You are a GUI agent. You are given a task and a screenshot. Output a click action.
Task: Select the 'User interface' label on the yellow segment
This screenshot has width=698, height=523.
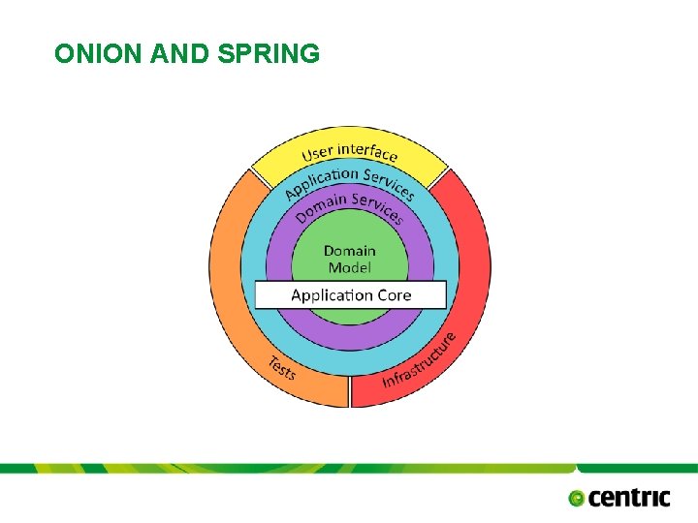tap(349, 152)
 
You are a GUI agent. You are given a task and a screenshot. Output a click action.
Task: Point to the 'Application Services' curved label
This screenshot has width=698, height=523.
tap(350, 180)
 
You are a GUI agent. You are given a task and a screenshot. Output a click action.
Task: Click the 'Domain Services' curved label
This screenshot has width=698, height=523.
tap(349, 205)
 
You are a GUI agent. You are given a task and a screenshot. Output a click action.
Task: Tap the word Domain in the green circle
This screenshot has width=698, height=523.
tap(349, 251)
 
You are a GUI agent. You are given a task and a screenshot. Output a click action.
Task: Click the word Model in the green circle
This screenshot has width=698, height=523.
tap(349, 267)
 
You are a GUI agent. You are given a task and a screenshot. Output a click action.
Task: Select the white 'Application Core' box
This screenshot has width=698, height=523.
tap(350, 294)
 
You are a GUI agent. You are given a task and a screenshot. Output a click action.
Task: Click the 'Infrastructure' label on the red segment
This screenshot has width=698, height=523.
tap(419, 360)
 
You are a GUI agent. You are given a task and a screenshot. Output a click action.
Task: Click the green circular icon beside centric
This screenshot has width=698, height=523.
tap(577, 498)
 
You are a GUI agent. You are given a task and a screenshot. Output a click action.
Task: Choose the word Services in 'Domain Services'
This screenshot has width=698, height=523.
tap(377, 206)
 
